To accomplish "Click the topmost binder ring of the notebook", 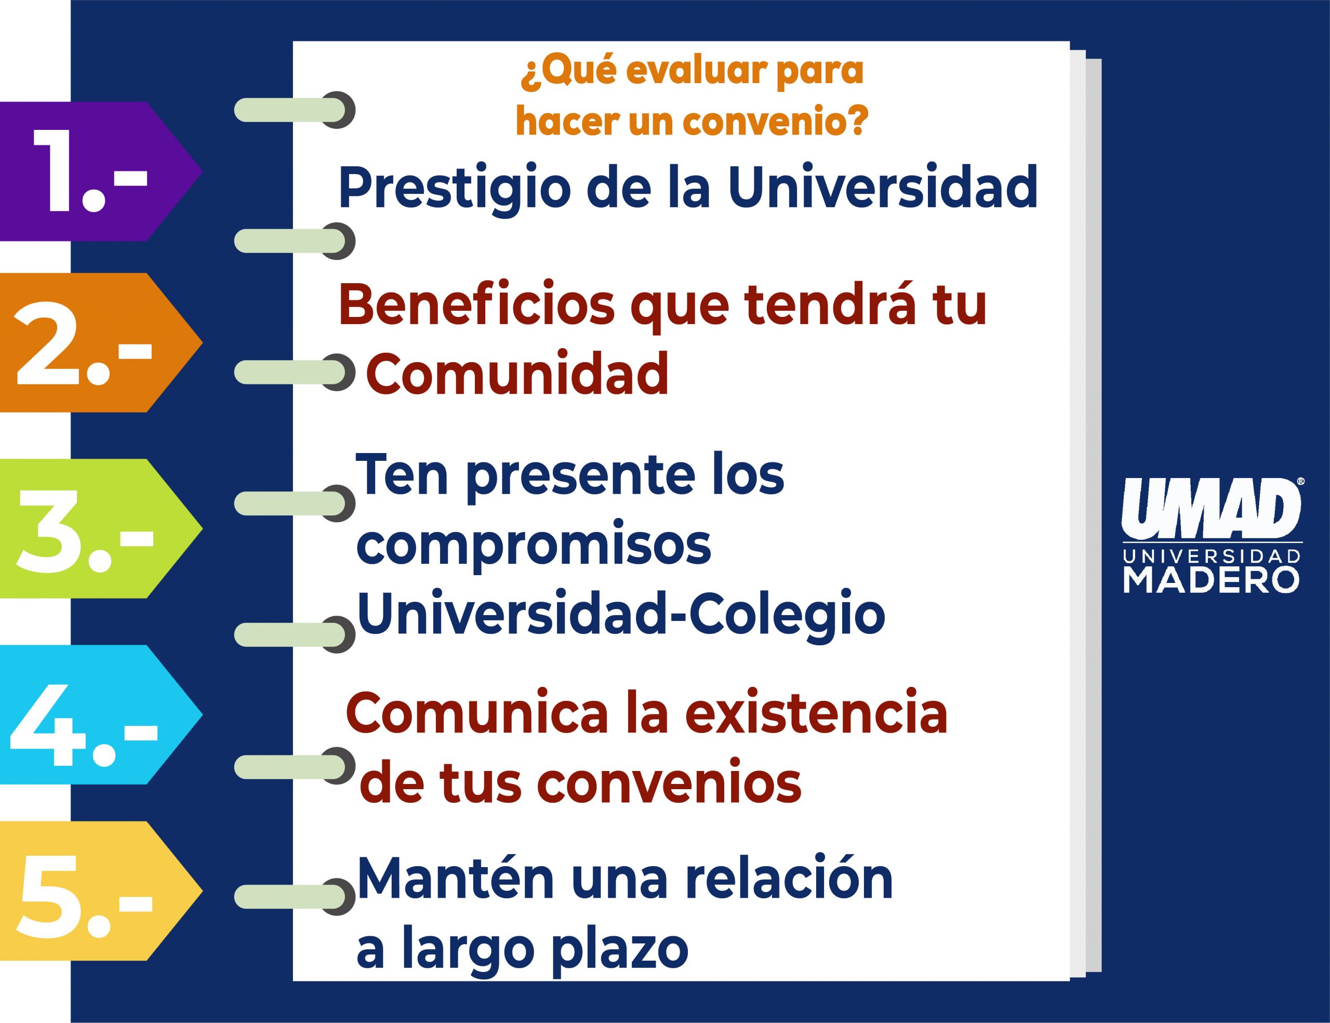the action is [295, 110].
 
